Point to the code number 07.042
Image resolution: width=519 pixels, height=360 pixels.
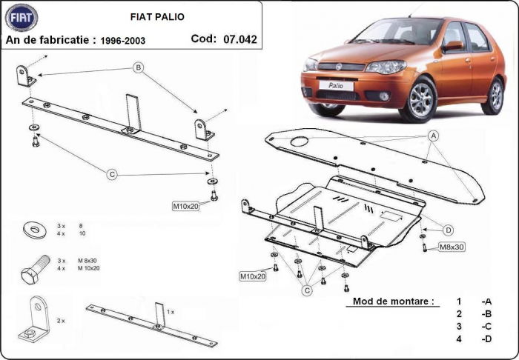click(x=240, y=39)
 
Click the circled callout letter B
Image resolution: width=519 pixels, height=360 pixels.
click(x=138, y=67)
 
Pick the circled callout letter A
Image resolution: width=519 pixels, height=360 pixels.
click(x=433, y=136)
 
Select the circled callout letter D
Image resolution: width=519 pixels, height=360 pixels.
click(x=449, y=229)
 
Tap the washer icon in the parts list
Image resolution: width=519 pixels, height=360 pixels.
click(x=33, y=228)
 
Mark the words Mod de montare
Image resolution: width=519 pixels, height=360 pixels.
click(x=389, y=302)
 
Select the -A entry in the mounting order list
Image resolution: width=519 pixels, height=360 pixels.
click(x=486, y=302)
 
